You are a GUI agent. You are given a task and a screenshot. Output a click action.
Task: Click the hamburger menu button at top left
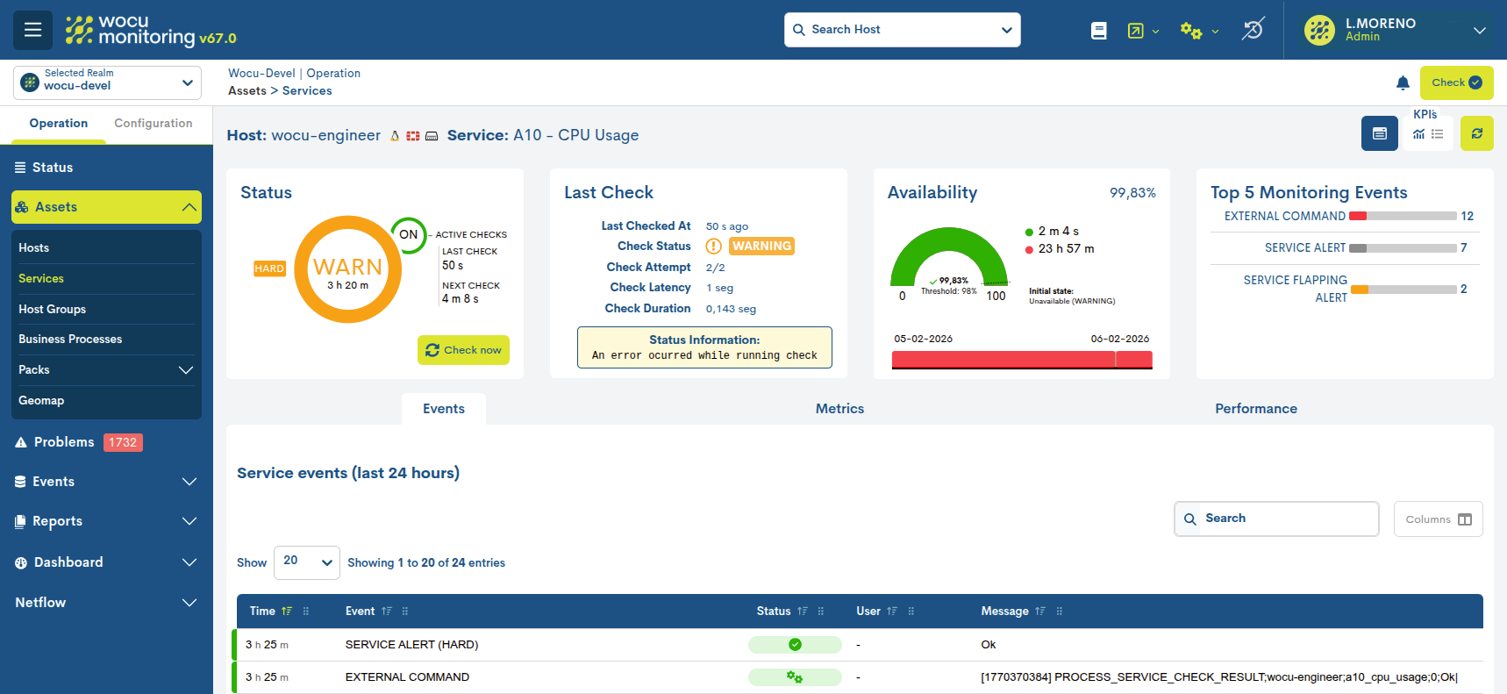pyautogui.click(x=32, y=30)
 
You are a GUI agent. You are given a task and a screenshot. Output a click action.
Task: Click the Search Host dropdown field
pyautogui.click(x=902, y=30)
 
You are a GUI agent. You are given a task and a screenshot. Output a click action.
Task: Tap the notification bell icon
pyautogui.click(x=1403, y=83)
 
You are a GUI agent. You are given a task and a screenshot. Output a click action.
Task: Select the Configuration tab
pyautogui.click(x=153, y=124)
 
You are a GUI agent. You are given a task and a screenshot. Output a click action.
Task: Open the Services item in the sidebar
pyautogui.click(x=41, y=279)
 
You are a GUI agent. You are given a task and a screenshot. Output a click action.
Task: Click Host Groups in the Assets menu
pyautogui.click(x=52, y=310)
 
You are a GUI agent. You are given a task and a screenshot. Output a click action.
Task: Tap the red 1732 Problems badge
pyautogui.click(x=123, y=443)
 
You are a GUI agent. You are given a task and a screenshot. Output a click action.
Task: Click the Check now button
pyautogui.click(x=463, y=350)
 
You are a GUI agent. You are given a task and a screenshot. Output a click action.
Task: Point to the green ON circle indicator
pyautogui.click(x=409, y=235)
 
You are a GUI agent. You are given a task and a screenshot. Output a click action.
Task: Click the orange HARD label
pyautogui.click(x=269, y=269)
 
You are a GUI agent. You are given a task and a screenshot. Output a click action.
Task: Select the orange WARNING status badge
pyautogui.click(x=761, y=247)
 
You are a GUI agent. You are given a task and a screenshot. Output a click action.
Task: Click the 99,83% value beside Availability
pyautogui.click(x=1132, y=193)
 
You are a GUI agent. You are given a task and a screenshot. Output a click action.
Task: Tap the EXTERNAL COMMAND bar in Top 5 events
pyautogui.click(x=1403, y=217)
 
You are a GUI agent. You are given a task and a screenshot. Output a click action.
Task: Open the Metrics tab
pyautogui.click(x=839, y=409)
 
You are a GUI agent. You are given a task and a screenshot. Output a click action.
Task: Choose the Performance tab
pyautogui.click(x=1255, y=409)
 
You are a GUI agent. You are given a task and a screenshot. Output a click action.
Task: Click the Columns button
pyautogui.click(x=1438, y=519)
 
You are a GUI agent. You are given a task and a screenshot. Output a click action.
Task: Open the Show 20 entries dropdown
pyautogui.click(x=306, y=562)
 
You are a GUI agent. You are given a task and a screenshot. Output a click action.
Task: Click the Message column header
pyautogui.click(x=1004, y=612)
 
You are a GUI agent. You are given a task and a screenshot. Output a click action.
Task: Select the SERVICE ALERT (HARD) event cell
pyautogui.click(x=411, y=645)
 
